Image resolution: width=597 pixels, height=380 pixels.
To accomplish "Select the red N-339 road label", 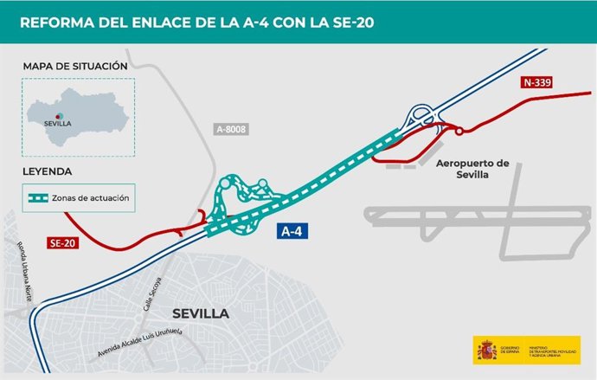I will pos(537,83).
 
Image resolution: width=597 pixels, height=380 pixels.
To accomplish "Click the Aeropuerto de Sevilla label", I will pos(473,169).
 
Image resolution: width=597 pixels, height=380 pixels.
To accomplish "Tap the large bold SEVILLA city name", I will pos(200,312).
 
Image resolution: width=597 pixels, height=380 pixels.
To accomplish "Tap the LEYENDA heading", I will pos(48,171).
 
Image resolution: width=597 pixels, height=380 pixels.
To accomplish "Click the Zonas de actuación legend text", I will pos(91,198).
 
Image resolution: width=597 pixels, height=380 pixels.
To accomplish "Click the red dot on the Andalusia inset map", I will pos(58,113).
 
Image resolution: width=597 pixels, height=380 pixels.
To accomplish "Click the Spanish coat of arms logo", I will pos(485,350).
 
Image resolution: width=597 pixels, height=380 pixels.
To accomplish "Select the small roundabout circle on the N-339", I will pos(459,131).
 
